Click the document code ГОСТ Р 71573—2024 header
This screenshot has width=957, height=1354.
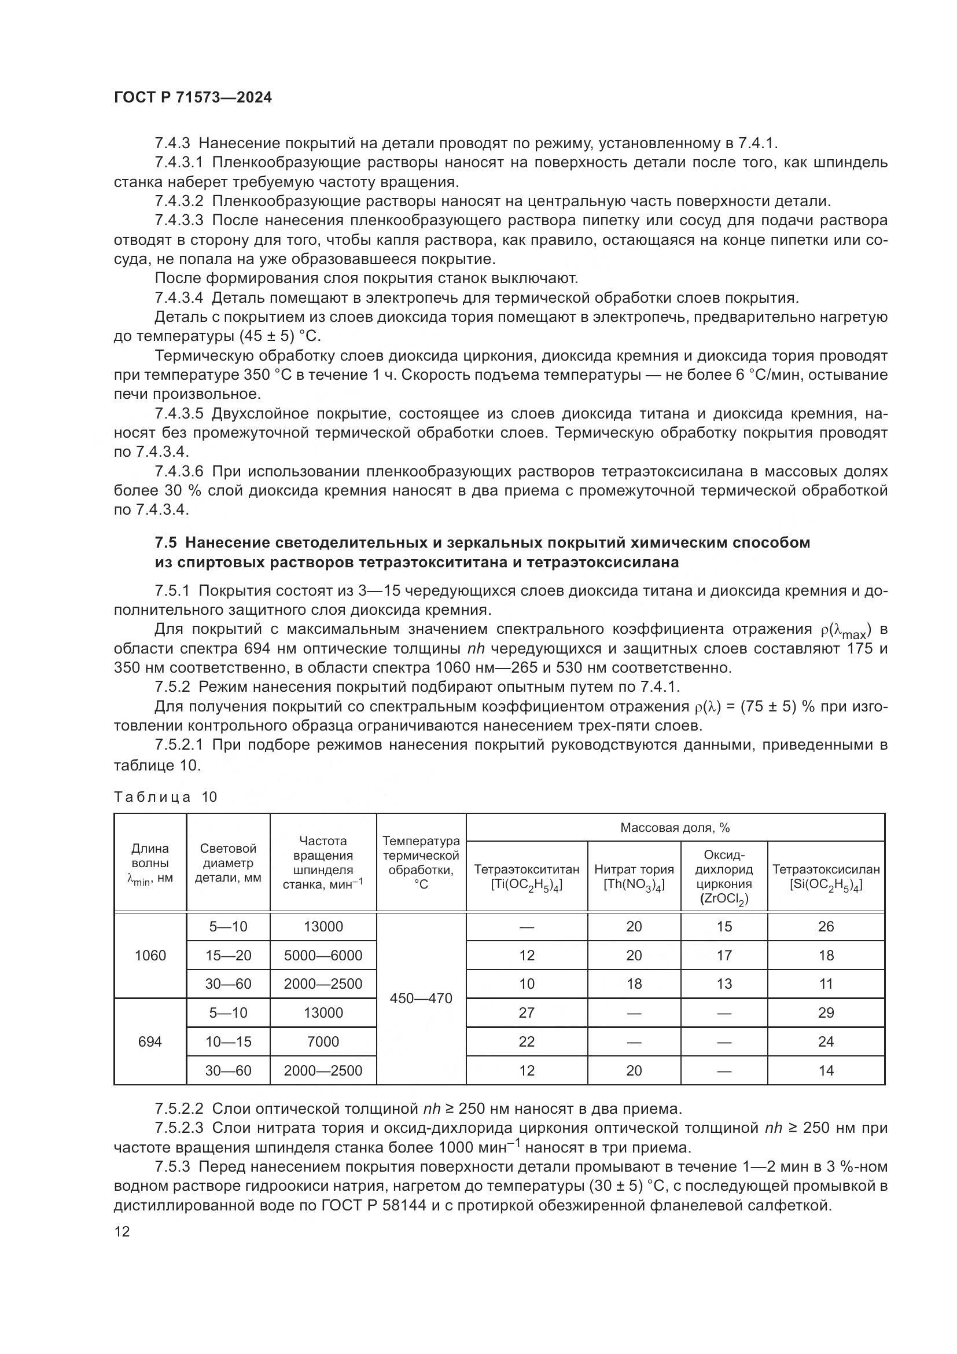tap(193, 98)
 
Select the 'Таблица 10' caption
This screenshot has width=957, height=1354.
tap(165, 797)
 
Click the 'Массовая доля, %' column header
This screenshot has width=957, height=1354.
tap(675, 827)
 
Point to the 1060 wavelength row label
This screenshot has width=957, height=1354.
tap(150, 955)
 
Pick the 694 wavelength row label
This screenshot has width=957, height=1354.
tap(150, 1042)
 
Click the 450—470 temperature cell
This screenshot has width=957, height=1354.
tap(421, 999)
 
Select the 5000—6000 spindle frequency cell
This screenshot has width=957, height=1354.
tap(323, 955)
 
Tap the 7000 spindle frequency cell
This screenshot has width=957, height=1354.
tap(323, 1042)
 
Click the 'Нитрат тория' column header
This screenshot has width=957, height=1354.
tap(634, 876)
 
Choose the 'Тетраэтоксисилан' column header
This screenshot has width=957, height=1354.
tap(826, 876)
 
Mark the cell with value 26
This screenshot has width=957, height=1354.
tap(826, 926)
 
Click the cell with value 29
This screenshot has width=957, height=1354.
tap(826, 1013)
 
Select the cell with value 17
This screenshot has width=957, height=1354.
tap(724, 955)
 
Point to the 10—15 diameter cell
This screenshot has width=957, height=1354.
tap(228, 1042)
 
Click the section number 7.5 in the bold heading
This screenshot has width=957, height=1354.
tap(165, 542)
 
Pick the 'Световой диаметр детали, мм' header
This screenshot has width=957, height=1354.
tap(228, 863)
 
